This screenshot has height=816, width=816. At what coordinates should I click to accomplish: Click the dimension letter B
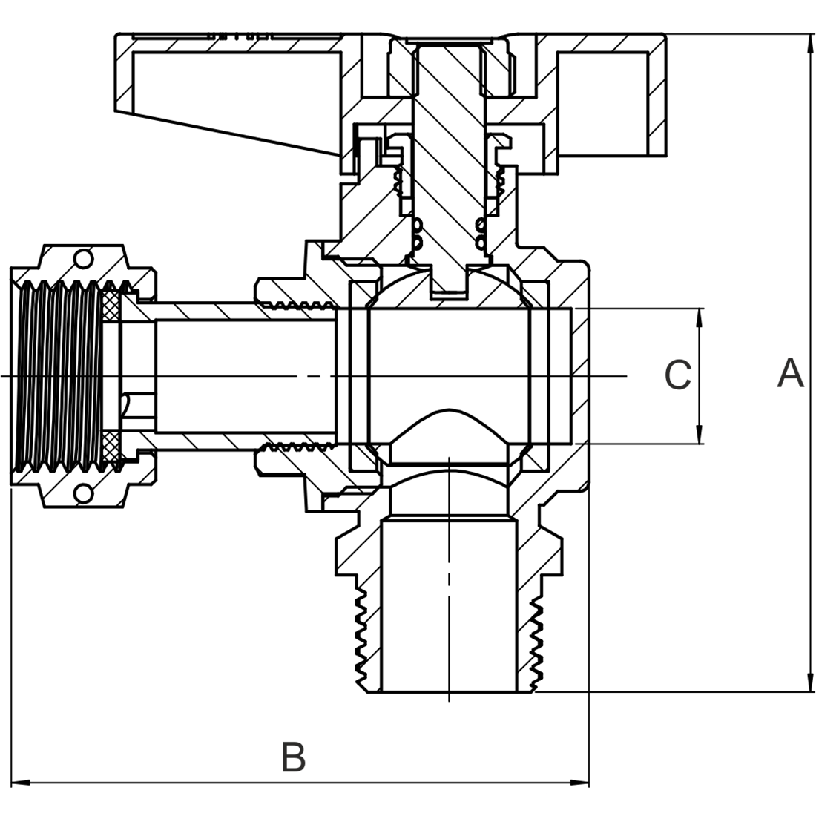294,757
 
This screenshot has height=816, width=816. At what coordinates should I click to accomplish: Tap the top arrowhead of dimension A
809,42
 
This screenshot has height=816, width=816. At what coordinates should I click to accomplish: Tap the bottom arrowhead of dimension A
809,684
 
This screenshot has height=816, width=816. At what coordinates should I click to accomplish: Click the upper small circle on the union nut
84,258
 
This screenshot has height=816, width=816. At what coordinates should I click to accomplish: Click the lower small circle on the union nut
84,493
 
